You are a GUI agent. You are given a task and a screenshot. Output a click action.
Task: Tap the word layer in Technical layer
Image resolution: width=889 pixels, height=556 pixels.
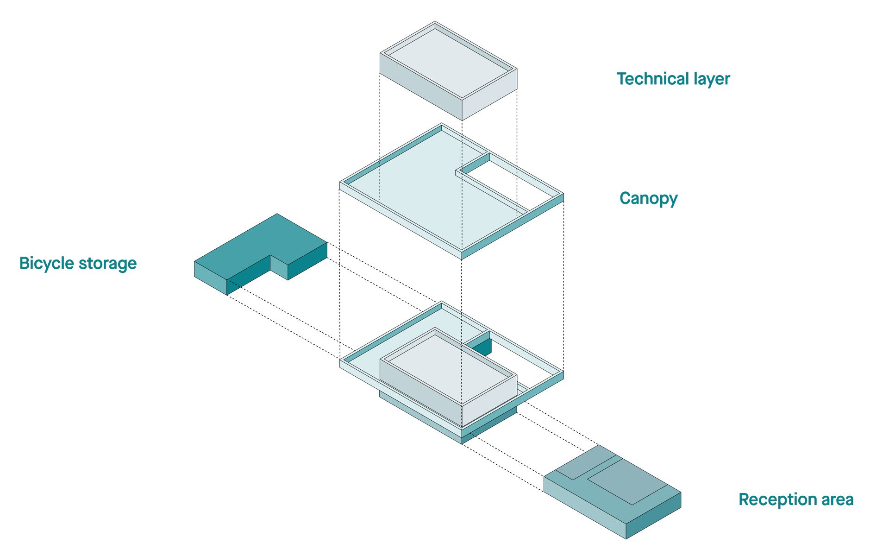coord(712,80)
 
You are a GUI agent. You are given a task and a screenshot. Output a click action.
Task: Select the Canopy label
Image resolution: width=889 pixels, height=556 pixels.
coord(648,199)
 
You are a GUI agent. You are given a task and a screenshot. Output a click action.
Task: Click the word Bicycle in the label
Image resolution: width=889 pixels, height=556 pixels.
coord(46,263)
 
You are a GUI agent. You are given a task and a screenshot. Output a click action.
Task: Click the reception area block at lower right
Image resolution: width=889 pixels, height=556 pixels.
coord(611,491)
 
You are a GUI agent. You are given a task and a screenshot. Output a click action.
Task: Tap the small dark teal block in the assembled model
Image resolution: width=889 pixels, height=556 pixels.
coord(482,347)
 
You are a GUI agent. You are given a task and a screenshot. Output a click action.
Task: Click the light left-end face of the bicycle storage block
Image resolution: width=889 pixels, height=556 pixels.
coord(210,278)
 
